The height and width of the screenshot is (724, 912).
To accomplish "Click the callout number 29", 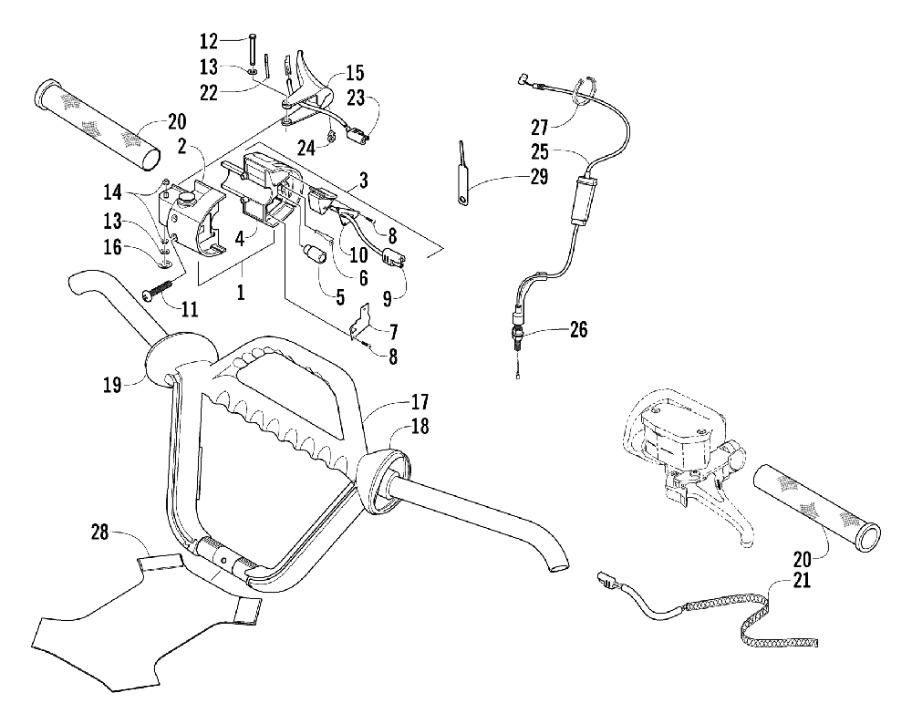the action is [539, 176].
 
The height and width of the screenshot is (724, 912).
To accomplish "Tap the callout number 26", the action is [578, 330].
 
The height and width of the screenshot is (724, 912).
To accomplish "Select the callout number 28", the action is [100, 531].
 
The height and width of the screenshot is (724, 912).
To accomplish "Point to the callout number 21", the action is [802, 580].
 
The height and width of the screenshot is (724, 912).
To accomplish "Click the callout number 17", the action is [420, 401].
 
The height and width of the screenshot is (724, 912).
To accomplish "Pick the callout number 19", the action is [112, 384].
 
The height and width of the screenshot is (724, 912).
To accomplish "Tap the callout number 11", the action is [189, 309].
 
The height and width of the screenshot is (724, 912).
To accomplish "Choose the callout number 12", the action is [208, 42].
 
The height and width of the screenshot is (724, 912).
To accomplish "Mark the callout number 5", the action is [340, 298].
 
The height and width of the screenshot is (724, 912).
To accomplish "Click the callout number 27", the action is [539, 127].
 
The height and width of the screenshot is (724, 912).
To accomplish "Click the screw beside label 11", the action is [159, 290].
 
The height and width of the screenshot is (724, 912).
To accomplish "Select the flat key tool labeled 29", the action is [461, 172].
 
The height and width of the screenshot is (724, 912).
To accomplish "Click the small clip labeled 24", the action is [332, 138].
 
